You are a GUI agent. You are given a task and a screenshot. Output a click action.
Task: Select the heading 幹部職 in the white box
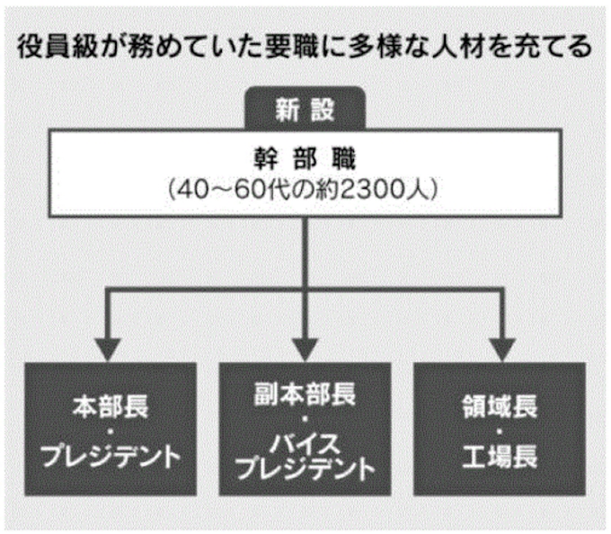click(x=305, y=161)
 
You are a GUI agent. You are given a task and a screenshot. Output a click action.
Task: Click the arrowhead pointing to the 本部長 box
click(x=110, y=347)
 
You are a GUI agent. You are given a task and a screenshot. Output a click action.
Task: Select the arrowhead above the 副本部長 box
click(x=305, y=347)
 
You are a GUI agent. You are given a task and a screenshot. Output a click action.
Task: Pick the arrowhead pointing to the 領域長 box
click(x=500, y=347)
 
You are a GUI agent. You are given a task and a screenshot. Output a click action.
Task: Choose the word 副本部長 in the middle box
click(x=305, y=393)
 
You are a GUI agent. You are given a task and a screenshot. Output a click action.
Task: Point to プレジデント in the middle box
click(x=305, y=469)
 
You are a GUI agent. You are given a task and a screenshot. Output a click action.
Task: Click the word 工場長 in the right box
click(x=500, y=458)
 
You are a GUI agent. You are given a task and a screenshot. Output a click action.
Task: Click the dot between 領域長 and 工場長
click(x=500, y=432)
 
